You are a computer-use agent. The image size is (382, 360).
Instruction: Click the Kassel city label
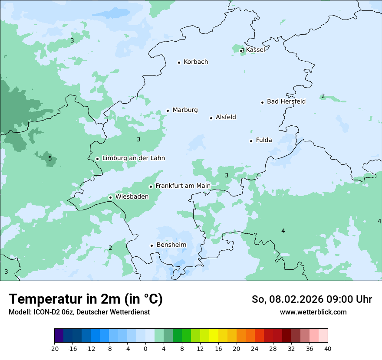(255, 50)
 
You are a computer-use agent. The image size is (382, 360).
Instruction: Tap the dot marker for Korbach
(179, 62)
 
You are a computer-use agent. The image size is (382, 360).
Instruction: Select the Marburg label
(185, 110)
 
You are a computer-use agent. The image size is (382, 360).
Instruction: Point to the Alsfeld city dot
(211, 118)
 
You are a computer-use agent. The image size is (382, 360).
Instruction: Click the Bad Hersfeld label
(286, 101)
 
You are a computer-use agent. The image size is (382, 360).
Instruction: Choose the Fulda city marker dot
(251, 141)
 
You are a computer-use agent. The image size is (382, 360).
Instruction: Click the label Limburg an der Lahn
(133, 158)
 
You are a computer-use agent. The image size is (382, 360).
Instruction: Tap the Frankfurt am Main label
(183, 186)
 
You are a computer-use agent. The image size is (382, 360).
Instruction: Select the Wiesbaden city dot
(111, 197)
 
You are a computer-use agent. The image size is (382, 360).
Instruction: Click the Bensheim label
(171, 245)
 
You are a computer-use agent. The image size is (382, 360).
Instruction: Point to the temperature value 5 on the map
(50, 159)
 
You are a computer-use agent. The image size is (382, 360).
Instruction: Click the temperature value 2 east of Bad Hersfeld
(323, 96)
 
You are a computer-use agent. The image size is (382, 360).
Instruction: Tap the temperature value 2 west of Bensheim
(110, 248)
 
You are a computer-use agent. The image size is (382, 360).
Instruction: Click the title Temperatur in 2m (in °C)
(86, 299)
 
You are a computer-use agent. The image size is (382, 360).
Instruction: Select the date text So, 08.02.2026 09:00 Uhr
(312, 299)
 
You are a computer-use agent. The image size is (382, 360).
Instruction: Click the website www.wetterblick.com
(313, 312)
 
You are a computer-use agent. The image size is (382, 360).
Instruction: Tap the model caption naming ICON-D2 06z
(79, 312)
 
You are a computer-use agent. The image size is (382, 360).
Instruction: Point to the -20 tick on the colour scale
(54, 349)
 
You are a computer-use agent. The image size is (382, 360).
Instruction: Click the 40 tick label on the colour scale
(327, 349)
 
